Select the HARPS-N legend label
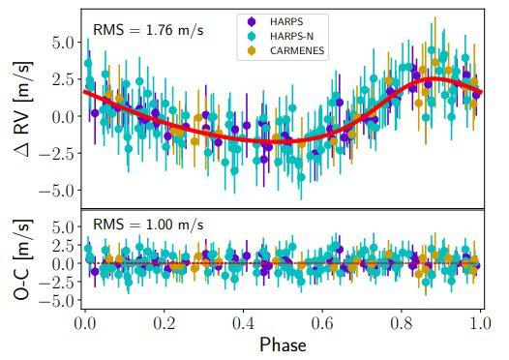291,36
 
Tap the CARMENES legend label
297,50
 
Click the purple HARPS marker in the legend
252,21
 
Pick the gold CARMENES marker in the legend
252,50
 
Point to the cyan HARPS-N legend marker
252,36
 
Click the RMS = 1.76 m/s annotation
148,30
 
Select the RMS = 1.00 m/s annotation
148,225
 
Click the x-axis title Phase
283,345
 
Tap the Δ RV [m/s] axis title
23,108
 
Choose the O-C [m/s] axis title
22,259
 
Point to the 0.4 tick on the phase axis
243,324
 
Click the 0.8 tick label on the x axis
402,324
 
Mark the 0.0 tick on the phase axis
85,324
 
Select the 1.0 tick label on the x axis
480,324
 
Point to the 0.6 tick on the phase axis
322,324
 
